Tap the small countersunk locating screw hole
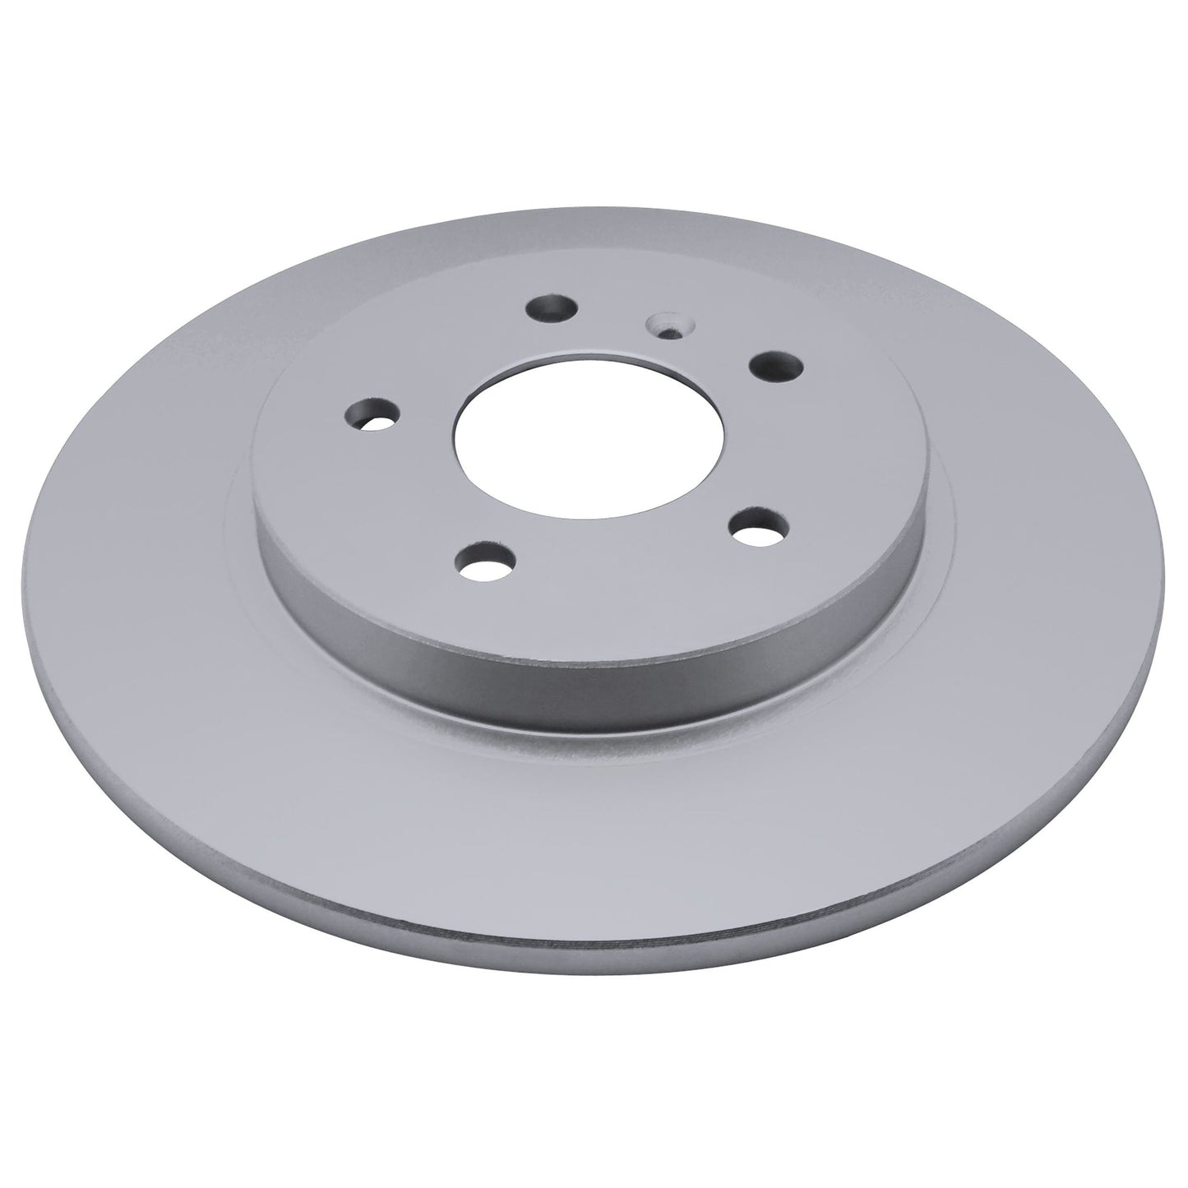coord(663,326)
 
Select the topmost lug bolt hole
coord(550,309)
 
